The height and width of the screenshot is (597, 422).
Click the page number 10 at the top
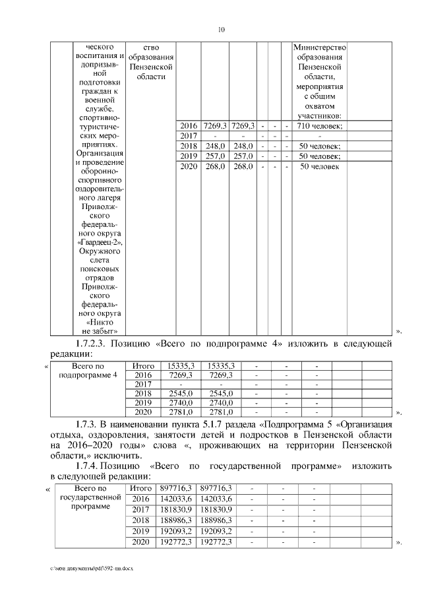coord(222,29)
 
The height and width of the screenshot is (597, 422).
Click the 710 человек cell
coord(319,125)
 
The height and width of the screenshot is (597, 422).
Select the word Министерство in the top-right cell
coord(319,48)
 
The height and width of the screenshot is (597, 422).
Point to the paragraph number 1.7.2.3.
coord(95,344)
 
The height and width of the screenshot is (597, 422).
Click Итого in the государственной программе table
coord(143,488)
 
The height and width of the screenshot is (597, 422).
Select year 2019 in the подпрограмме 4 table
coord(143,402)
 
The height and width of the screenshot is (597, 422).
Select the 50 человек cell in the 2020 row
coord(319,167)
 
